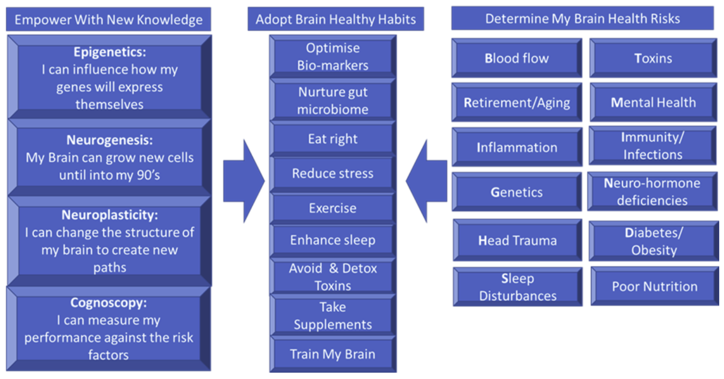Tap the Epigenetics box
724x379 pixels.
click(x=109, y=78)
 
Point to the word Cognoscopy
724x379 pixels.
click(x=108, y=303)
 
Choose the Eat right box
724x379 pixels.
click(x=332, y=139)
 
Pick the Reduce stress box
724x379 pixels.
click(x=332, y=173)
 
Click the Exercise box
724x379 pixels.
click(x=332, y=208)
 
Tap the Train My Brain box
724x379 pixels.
click(x=332, y=354)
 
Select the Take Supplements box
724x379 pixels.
click(x=332, y=316)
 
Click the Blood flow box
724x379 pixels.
click(x=517, y=58)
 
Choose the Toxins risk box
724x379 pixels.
click(x=653, y=58)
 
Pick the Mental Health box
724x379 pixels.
click(x=653, y=103)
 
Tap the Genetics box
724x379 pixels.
click(x=517, y=192)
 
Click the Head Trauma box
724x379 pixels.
click(x=517, y=241)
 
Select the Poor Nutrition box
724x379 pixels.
click(x=654, y=286)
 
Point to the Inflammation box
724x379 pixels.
click(x=517, y=147)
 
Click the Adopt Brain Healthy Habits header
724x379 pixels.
click(x=336, y=20)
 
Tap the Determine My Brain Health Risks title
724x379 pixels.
click(x=583, y=19)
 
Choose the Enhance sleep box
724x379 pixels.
click(x=332, y=240)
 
